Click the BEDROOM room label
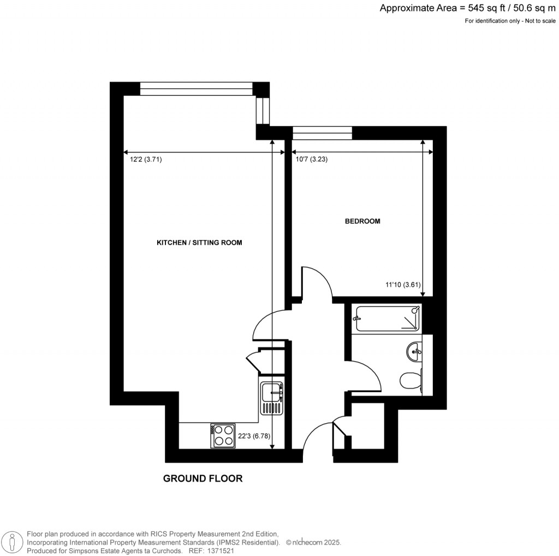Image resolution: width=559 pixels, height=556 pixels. [x=362, y=222]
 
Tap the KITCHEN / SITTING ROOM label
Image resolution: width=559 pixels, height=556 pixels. [x=199, y=242]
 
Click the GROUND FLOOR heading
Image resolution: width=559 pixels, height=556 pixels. [x=203, y=479]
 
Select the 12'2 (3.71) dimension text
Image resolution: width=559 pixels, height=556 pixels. [x=146, y=160]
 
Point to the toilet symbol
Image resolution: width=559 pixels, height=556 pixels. [x=411, y=381]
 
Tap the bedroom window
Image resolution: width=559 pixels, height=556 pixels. [x=322, y=133]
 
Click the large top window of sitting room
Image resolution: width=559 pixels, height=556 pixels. [x=197, y=88]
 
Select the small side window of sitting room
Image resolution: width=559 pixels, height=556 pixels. [x=263, y=111]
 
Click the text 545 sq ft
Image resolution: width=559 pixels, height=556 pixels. [x=483, y=8]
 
